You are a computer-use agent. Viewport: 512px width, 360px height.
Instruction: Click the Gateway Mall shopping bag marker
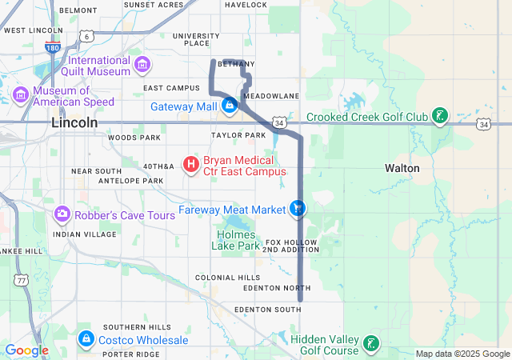(x=230, y=106)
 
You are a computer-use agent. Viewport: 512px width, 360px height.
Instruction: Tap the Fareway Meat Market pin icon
(x=298, y=209)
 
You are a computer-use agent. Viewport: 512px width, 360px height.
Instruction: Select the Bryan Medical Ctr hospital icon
(x=191, y=166)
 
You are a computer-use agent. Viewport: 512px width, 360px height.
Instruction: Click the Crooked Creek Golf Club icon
(x=439, y=117)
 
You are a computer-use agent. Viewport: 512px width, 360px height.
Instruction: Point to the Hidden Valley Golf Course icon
(x=370, y=344)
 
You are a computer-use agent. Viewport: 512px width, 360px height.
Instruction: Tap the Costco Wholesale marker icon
(x=86, y=340)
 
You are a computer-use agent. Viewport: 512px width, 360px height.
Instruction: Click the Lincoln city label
(x=74, y=123)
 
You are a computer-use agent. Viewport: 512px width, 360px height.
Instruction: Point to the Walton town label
(x=402, y=168)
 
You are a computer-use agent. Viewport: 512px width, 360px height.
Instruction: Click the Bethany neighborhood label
(x=236, y=64)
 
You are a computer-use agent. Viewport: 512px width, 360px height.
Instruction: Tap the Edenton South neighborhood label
(x=267, y=309)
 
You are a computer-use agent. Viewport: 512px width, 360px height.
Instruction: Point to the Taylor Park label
(x=238, y=136)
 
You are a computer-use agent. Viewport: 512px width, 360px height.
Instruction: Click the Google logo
(x=26, y=350)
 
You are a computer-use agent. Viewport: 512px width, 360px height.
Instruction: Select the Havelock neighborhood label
(x=246, y=5)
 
